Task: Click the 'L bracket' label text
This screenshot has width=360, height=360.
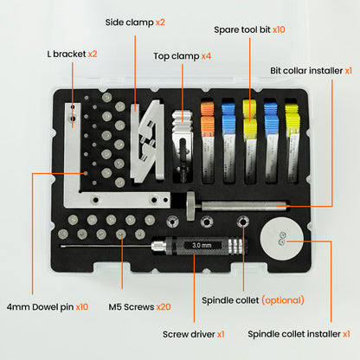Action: click(x=65, y=54)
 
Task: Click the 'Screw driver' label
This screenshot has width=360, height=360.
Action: click(x=188, y=333)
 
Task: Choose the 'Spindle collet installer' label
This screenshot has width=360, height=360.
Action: click(x=292, y=333)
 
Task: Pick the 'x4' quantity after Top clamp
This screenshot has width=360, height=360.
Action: click(x=205, y=56)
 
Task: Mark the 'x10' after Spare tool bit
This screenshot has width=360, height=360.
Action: click(x=279, y=29)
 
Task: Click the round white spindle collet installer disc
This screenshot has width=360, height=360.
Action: click(x=282, y=236)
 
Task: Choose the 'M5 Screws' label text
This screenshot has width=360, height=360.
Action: click(x=127, y=307)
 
